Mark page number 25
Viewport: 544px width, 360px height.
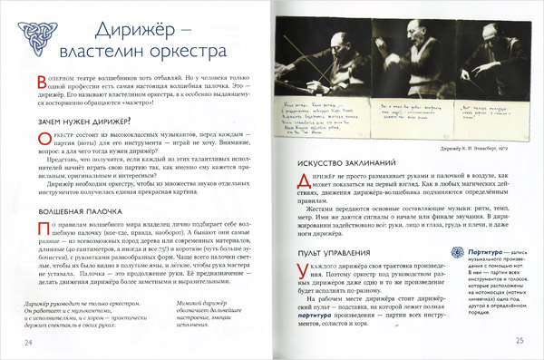coord(520,341)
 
